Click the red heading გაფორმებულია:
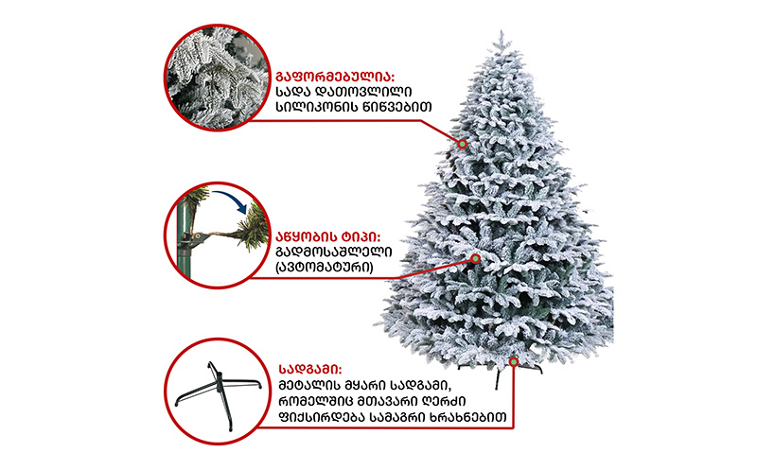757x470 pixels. tap(335, 77)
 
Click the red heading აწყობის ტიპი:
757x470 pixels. tap(327, 237)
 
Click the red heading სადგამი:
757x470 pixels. tap(310, 370)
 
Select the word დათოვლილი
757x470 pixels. tap(363, 92)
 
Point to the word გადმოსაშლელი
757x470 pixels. tap(334, 252)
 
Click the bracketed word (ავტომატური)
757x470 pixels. tap(324, 267)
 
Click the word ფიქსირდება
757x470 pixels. tap(321, 416)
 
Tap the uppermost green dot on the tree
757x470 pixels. tap(462, 144)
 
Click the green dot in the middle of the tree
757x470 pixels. tap(476, 259)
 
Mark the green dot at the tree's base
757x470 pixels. tap(514, 361)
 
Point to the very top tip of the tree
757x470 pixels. tap(502, 31)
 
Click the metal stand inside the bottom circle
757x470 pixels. tap(219, 393)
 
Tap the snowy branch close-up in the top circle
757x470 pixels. tap(218, 78)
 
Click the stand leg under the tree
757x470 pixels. tap(499, 379)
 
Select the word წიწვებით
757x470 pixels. tap(396, 107)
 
